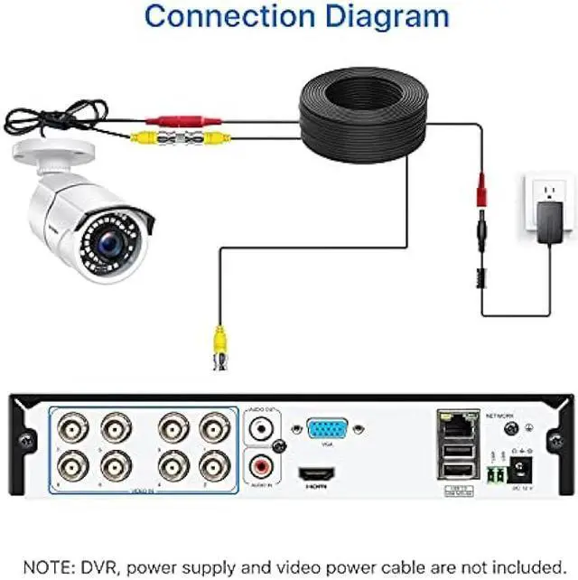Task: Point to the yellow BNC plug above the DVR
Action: pyautogui.click(x=219, y=347)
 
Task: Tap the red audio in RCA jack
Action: pyautogui.click(x=264, y=466)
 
